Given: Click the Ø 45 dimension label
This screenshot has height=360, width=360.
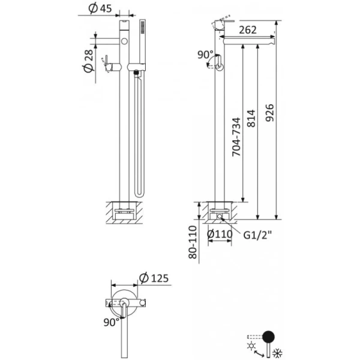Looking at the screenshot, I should point(98,9).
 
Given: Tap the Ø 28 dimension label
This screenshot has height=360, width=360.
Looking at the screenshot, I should point(88,61).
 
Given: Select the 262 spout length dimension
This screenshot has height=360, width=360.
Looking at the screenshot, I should point(247,29).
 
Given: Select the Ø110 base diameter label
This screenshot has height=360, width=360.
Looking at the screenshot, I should point(220,234).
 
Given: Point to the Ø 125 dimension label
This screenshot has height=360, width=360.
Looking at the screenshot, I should point(154,278).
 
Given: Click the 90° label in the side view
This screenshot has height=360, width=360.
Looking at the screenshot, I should point(205,55).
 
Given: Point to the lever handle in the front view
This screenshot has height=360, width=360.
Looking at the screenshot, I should point(107,62).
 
